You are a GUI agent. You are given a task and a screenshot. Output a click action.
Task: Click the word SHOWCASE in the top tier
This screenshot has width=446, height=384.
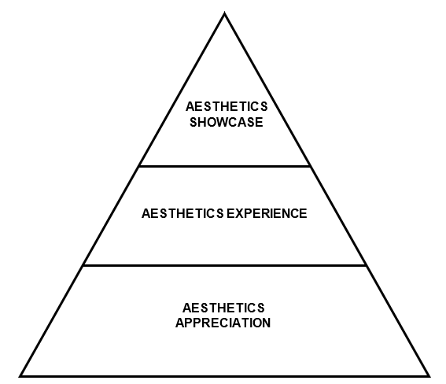(227, 122)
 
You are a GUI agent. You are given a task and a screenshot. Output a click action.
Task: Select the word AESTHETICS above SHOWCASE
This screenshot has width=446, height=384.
(227, 107)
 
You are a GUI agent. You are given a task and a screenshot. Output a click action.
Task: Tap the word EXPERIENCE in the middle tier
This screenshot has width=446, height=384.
(267, 213)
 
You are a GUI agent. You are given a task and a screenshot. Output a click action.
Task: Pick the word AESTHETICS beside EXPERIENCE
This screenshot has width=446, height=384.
(182, 213)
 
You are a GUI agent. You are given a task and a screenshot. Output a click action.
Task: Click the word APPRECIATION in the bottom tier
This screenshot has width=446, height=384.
(223, 323)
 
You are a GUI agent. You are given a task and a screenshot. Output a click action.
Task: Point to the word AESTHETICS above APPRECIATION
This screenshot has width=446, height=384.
(223, 308)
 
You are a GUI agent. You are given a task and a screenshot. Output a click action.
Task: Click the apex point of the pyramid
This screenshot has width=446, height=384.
(224, 13)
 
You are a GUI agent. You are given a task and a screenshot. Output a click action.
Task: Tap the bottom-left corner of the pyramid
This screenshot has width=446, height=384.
(20, 377)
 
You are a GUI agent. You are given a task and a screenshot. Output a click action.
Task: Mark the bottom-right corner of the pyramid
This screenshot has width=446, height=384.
(429, 377)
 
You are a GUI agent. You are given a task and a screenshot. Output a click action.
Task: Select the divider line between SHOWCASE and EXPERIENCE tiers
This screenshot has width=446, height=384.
(225, 166)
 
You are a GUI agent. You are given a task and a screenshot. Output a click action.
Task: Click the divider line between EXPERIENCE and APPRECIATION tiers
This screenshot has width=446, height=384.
(225, 265)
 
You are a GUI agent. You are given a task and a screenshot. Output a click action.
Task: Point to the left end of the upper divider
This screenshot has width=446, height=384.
(139, 166)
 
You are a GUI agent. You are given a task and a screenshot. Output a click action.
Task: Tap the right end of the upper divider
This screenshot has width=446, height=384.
(311, 166)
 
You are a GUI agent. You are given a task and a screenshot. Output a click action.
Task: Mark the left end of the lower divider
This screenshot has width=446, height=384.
(83, 265)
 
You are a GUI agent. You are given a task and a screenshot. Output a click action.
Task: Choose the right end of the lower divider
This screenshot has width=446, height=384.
(366, 265)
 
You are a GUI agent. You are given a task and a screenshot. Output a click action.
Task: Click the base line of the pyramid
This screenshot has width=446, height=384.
(225, 376)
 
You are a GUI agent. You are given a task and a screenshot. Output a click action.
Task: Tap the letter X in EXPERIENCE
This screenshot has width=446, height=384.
(239, 213)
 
